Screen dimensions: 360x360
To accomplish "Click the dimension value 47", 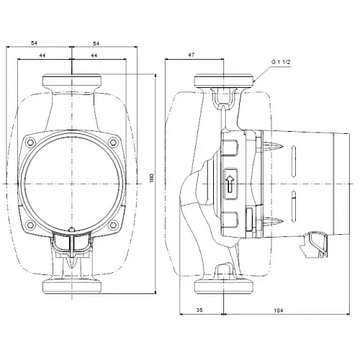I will tap(192, 54).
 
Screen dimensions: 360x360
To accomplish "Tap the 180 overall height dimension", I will tap(152, 176).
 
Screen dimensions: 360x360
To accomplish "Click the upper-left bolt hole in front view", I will tap(32, 142).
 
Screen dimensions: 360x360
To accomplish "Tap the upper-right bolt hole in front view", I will tap(112, 142).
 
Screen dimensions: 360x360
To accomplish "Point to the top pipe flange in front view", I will tap(72, 81).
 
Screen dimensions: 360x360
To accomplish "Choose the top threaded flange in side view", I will tap(225, 81).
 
